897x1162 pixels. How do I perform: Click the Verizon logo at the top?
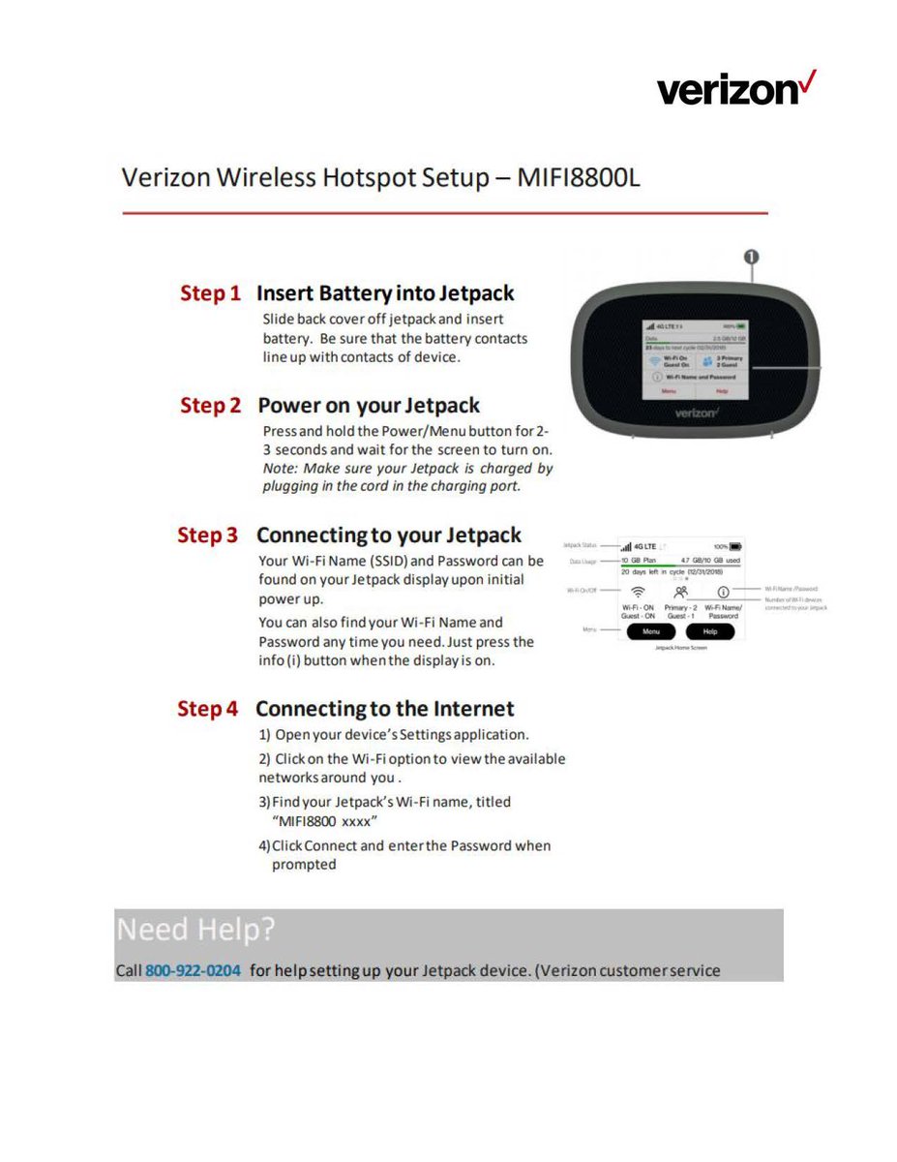coord(736,89)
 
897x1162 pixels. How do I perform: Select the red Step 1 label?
coord(210,293)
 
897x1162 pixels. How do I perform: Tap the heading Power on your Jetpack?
coord(369,406)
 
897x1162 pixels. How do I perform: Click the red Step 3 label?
coord(207,535)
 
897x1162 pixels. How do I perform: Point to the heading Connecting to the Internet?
coord(384,709)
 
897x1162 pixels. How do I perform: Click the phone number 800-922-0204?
coord(193,970)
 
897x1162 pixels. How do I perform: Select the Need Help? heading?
coord(195,930)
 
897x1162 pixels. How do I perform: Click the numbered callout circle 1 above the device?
coord(750,256)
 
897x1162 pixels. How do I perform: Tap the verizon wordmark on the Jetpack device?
coord(696,413)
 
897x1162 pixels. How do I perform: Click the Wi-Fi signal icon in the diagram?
coord(638,591)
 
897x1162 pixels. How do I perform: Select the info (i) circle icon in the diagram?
coord(723,590)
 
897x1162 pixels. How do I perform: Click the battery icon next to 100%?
coord(735,547)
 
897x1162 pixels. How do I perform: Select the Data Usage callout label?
coord(582,561)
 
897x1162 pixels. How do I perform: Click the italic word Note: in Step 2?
coord(280,469)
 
